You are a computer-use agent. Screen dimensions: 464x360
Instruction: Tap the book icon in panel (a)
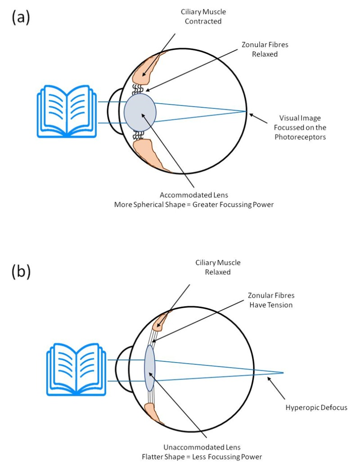tap(66, 111)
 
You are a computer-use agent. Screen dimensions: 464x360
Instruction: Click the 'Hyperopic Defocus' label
tap(316, 408)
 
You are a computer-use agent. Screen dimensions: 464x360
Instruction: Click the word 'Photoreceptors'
tap(300, 136)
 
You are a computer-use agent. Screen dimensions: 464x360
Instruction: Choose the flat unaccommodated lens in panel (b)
tap(149, 368)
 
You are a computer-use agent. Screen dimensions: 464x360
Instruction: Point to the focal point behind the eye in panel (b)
tap(283, 373)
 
